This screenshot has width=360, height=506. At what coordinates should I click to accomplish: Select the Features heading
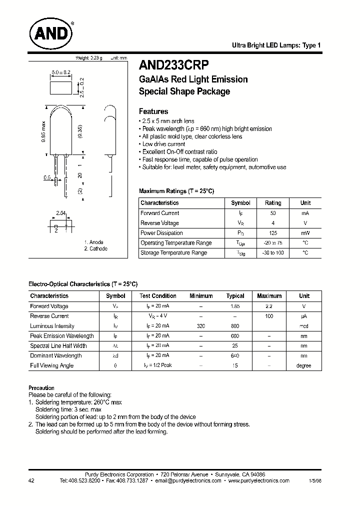tap(153, 111)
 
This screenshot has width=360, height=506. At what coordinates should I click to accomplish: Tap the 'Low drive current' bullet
tap(163, 144)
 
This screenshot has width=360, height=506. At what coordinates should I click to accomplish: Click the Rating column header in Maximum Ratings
tap(273, 203)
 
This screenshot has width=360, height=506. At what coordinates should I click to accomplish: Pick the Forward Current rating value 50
tap(273, 213)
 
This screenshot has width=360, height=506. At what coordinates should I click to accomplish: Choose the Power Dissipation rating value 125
tap(273, 233)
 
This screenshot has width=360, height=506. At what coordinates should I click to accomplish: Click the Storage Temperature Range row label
tap(173, 253)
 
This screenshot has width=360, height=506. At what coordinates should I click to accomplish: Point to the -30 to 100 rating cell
tap(273, 253)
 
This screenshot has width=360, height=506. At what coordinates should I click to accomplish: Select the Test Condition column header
tap(158, 296)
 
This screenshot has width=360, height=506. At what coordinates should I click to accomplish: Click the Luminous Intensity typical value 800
tap(235, 326)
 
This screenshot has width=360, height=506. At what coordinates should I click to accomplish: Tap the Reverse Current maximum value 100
tap(269, 316)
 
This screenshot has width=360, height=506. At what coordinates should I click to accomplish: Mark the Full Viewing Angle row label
tap(51, 365)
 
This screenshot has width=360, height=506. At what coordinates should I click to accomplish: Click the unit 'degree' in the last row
tap(303, 365)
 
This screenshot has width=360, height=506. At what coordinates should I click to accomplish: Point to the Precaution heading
tap(41, 388)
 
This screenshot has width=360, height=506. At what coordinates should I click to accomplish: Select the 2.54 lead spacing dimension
tap(61, 213)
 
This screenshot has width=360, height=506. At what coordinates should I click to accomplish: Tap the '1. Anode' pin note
tap(93, 242)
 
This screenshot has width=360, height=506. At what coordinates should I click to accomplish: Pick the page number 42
tap(32, 480)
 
